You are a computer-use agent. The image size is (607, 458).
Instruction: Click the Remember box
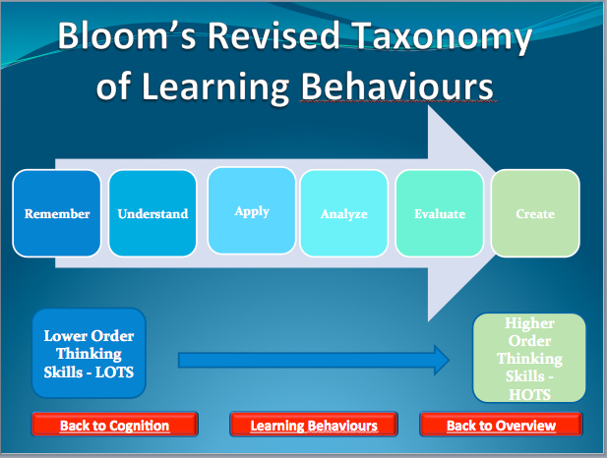tap(56, 213)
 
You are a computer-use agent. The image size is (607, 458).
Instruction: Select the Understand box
tap(152, 213)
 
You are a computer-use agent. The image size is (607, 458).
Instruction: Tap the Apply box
tap(252, 210)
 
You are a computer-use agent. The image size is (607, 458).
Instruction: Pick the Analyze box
tap(343, 213)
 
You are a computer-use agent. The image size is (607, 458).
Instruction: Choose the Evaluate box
tap(440, 213)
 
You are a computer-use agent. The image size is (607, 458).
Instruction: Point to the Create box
tap(535, 213)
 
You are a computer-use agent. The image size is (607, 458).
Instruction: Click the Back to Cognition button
tap(114, 425)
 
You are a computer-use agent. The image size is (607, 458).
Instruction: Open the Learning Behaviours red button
tap(314, 425)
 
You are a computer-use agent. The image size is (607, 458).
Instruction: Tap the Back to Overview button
tap(501, 425)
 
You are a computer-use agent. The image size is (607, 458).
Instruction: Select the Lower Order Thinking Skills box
tap(89, 353)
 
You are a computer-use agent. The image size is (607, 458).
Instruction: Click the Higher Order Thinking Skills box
tap(529, 358)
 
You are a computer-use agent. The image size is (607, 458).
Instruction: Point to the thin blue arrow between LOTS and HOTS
tap(314, 361)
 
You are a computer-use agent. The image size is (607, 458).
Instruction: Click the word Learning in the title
tap(215, 88)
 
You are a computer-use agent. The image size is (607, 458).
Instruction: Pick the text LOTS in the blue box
tap(114, 372)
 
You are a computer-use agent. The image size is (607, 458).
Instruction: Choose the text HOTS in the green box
tap(529, 394)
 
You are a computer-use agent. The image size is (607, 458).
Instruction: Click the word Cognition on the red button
tap(140, 426)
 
